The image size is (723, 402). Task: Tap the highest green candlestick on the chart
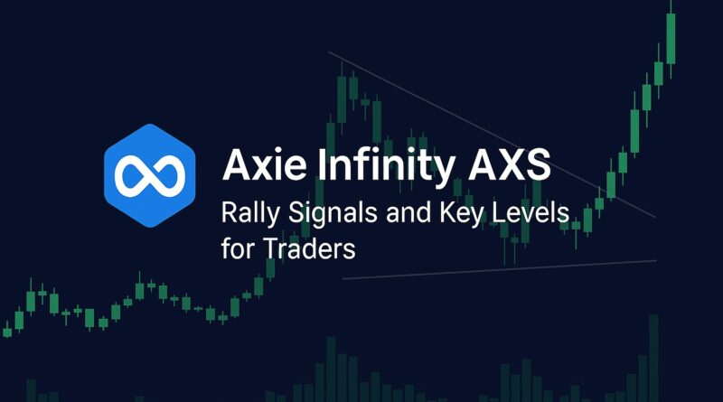[671, 36]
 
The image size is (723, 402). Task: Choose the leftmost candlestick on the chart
[7, 330]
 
